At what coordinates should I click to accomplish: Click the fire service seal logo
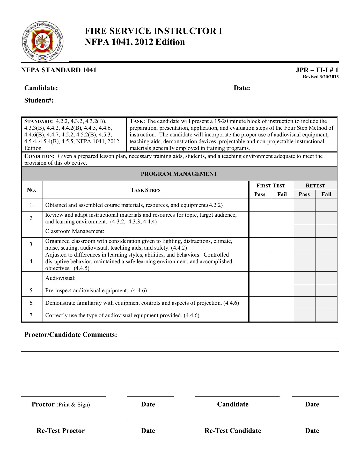point(42,41)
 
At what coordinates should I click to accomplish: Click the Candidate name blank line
point(127,89)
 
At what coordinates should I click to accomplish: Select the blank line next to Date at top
point(296,89)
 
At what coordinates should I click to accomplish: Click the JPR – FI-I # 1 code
point(317,70)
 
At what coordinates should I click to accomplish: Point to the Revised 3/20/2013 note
point(321,77)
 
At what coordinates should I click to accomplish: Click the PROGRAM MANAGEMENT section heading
point(179,174)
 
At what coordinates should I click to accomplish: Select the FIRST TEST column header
point(271,186)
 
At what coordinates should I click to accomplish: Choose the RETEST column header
point(315,186)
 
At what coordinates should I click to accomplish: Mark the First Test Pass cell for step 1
point(260,205)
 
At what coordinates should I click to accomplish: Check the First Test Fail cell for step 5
point(282,290)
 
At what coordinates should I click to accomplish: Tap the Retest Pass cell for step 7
point(304,315)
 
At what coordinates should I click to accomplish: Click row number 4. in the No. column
point(32,261)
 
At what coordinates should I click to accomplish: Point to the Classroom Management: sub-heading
point(75,231)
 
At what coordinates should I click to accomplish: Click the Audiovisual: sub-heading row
point(61,278)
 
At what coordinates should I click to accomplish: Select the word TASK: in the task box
point(137,121)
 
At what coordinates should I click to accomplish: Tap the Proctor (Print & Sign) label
point(61,404)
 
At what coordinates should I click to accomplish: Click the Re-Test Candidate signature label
point(233,431)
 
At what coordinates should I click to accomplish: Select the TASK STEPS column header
point(145,190)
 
